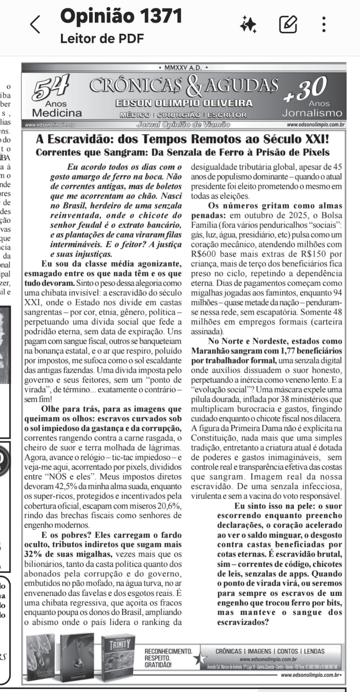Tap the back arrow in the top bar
point(35,24)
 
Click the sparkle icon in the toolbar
point(248,24)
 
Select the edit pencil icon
point(288,24)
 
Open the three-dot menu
point(324,24)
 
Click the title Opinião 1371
point(121,16)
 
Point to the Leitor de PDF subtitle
point(102,38)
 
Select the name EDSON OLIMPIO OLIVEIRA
point(184,103)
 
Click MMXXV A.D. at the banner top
point(183,68)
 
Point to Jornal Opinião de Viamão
point(183,125)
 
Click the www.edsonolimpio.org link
point(50,125)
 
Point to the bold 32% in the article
point(32,554)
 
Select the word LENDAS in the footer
point(314,651)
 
